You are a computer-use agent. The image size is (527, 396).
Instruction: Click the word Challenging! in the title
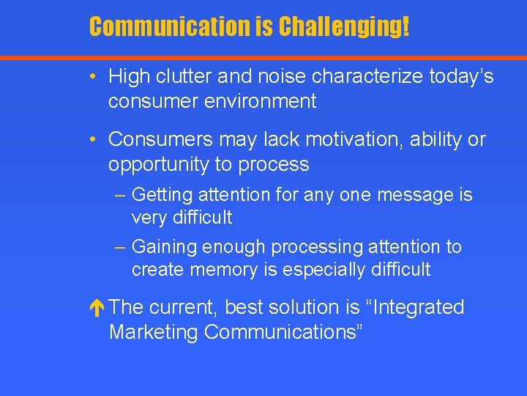coord(343,27)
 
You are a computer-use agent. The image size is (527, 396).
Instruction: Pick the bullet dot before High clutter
coord(95,76)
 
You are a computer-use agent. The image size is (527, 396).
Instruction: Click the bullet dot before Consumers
coord(95,139)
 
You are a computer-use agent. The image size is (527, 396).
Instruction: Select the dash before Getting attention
coord(121,196)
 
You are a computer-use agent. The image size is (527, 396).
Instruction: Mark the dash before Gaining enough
coord(121,248)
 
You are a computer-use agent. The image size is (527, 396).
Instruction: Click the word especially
coord(321,270)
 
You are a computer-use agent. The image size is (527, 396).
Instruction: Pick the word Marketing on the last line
coord(154,331)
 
